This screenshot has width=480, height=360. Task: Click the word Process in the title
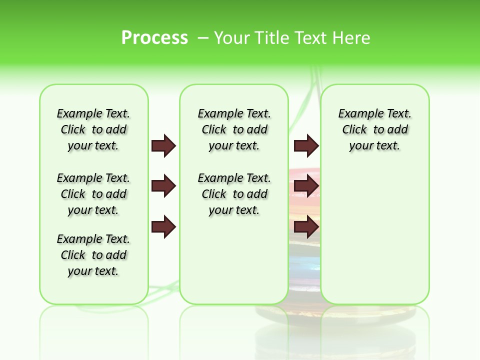154,37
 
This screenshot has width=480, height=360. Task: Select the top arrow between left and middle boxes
163,145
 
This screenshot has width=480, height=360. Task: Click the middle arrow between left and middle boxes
163,186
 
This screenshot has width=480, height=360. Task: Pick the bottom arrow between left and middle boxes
163,227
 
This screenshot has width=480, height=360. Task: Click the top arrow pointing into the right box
306,145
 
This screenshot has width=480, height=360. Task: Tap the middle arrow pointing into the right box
306,186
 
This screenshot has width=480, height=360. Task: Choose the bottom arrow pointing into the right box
306,227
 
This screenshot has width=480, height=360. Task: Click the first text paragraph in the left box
93,129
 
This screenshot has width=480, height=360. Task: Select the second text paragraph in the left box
93,194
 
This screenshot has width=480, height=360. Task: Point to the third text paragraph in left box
93,255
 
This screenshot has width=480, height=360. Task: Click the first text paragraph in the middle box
234,129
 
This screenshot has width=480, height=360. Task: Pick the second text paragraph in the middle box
234,194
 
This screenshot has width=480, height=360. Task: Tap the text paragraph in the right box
374,129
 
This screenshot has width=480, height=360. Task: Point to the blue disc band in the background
304,265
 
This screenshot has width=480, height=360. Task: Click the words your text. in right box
374,146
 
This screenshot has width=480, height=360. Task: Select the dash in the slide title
203,38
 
